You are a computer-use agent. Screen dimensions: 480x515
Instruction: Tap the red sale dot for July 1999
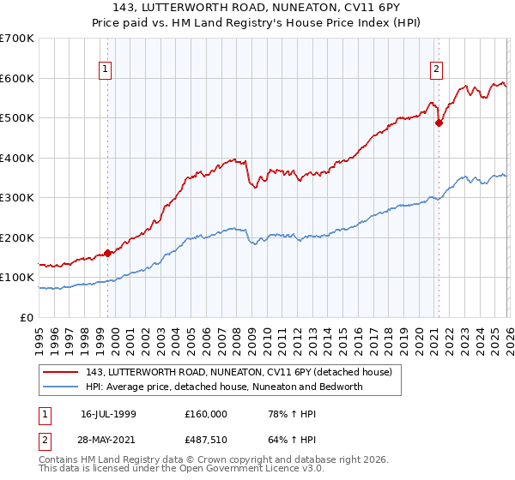tap(108, 253)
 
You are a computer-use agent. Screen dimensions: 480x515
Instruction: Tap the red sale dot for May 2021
tap(439, 123)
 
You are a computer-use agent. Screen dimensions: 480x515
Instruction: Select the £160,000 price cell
tap(205, 413)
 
